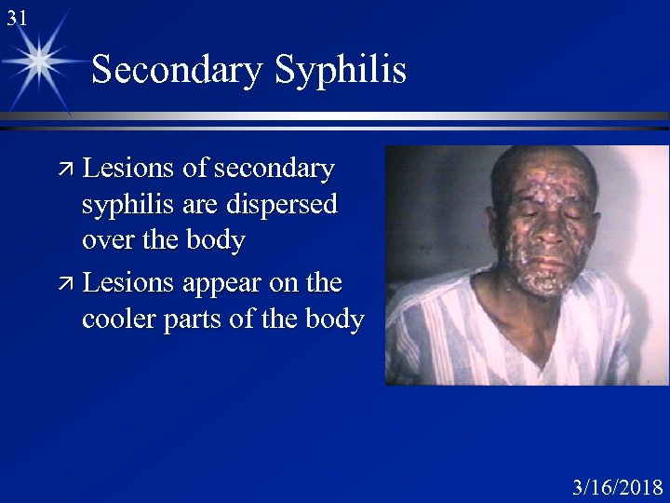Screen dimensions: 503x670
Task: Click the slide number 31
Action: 16,17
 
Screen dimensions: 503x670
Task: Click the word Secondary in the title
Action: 176,70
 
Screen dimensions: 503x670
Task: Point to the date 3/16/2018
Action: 617,487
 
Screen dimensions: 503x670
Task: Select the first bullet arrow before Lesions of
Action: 66,169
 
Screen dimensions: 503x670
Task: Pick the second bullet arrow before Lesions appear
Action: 66,282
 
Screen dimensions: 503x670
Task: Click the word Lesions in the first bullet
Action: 129,169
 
